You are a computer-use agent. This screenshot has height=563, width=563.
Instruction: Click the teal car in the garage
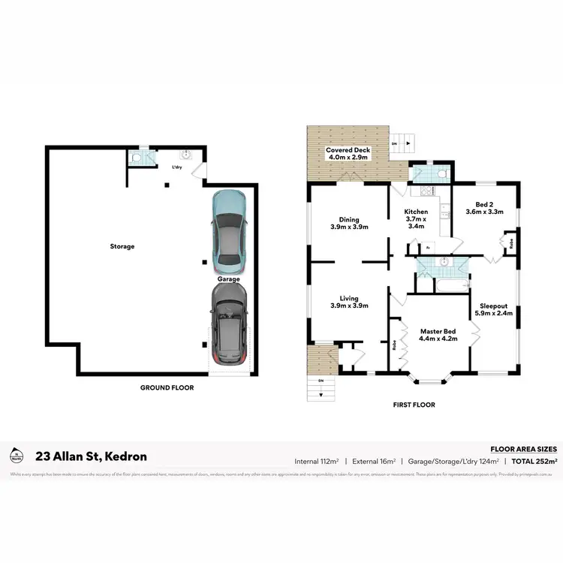pos(229,233)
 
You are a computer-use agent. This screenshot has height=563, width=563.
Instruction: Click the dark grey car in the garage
pos(229,328)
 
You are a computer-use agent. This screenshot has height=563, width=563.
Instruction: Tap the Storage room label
pos(123,246)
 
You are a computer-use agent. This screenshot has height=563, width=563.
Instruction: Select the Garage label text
pos(229,279)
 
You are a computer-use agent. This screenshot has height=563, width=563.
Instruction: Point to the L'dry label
pos(177,167)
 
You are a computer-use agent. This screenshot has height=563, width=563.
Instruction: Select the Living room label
pos(348,303)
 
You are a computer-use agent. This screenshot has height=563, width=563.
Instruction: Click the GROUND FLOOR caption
pos(167,388)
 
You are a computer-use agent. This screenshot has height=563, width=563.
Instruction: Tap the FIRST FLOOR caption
pos(414,405)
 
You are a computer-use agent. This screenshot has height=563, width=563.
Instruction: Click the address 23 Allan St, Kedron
pos(92,456)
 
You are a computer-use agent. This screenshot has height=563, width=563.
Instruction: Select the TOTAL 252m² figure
pos(533,461)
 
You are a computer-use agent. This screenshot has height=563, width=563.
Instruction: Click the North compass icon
pos(15,456)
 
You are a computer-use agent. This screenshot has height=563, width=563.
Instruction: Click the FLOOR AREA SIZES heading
pos(522,448)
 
